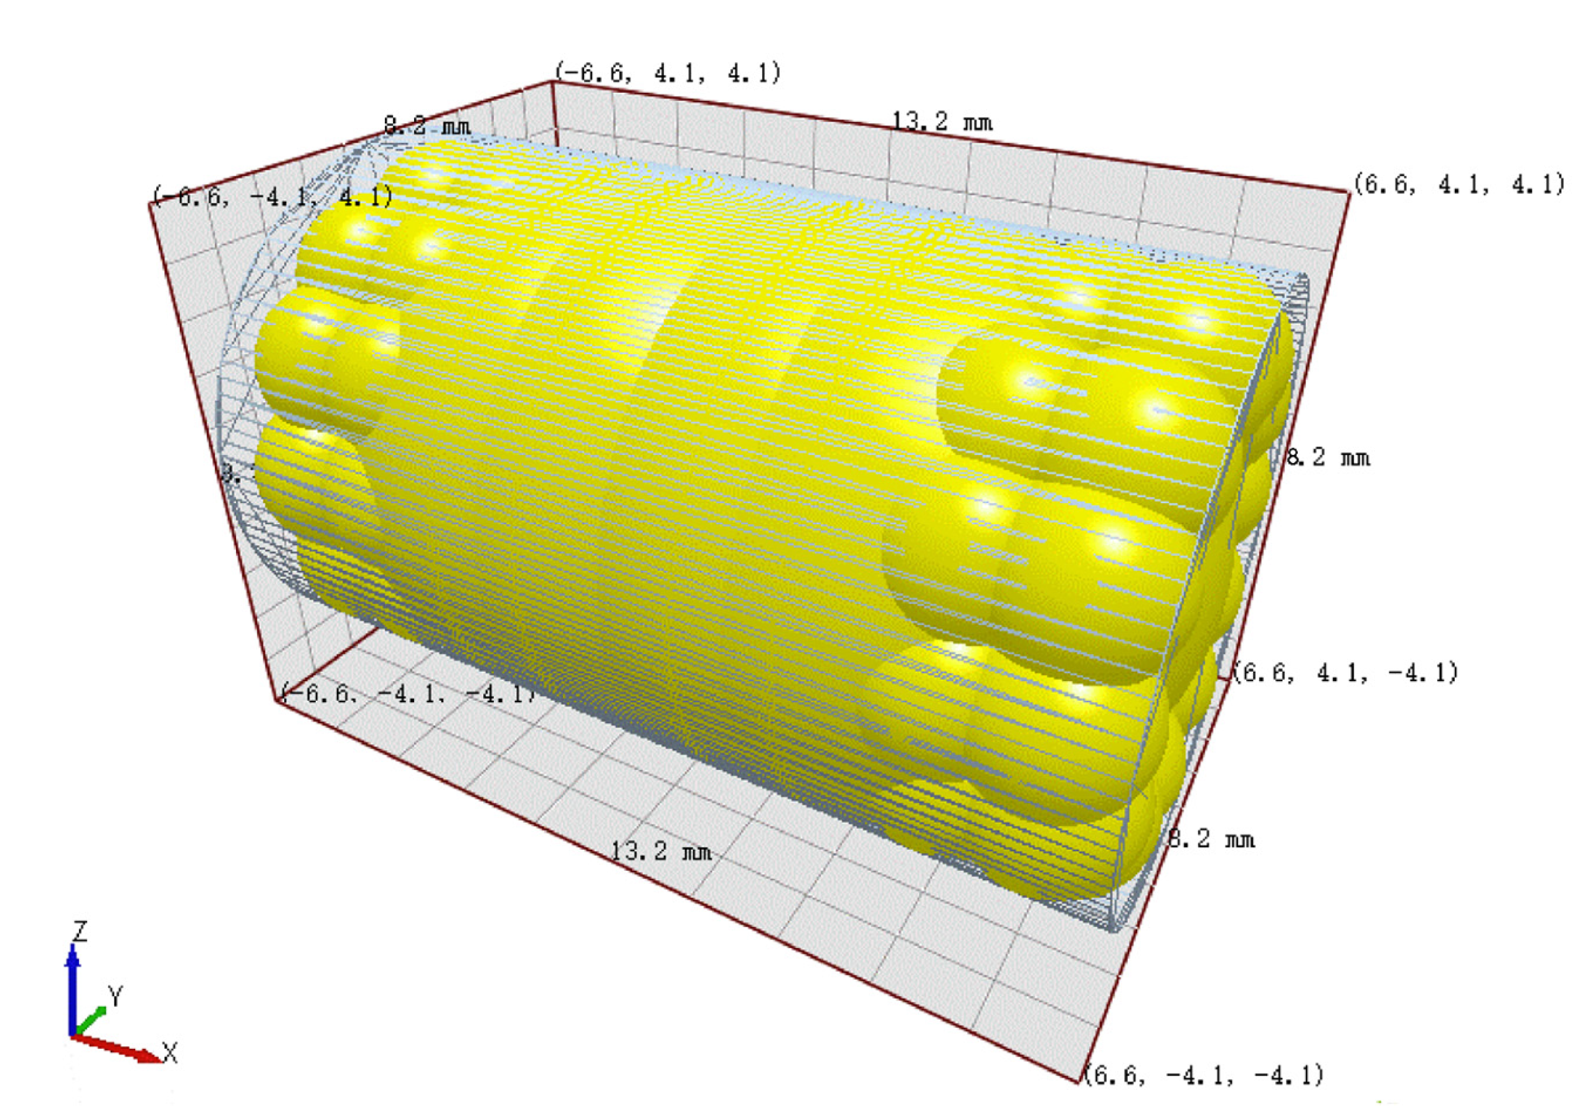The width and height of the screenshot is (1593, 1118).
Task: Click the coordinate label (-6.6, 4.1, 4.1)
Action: [668, 72]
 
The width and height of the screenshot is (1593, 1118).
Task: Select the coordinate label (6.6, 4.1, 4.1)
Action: [1459, 184]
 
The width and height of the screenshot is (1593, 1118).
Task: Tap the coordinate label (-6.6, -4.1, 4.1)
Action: [273, 197]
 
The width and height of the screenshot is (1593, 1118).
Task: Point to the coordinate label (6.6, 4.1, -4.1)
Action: [1345, 673]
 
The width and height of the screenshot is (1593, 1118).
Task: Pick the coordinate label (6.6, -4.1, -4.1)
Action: [1204, 1075]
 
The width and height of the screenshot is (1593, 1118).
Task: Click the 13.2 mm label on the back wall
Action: [942, 123]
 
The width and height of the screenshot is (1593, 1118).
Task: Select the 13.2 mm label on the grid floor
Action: [661, 851]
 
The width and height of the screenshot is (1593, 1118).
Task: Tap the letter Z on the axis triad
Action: [80, 931]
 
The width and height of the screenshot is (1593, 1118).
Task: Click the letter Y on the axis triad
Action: [115, 997]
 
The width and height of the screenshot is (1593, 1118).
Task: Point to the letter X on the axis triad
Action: [170, 1053]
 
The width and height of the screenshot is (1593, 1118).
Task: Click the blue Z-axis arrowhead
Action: [72, 956]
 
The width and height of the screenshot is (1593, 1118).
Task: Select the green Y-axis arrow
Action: [90, 1021]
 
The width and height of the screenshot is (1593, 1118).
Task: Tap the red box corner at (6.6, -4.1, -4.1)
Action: [1077, 1081]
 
